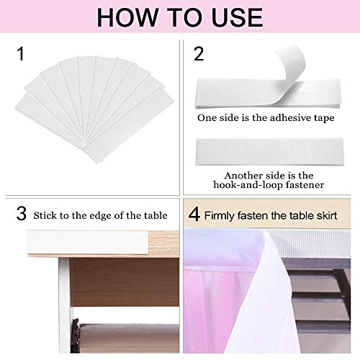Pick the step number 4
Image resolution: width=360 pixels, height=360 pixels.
[195, 214]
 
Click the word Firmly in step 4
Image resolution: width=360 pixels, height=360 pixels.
[223, 215]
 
